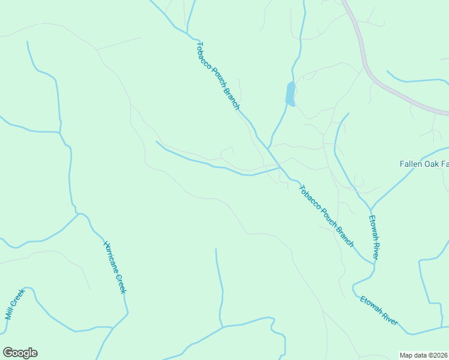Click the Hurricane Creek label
click(x=115, y=267)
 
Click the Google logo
click(x=20, y=353)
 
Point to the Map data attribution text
click(x=424, y=355)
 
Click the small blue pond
click(x=291, y=94)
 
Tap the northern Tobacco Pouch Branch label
click(x=218, y=76)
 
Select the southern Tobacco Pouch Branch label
click(x=326, y=215)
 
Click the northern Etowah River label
click(x=373, y=237)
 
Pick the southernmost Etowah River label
click(x=379, y=310)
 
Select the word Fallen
click(x=412, y=164)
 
